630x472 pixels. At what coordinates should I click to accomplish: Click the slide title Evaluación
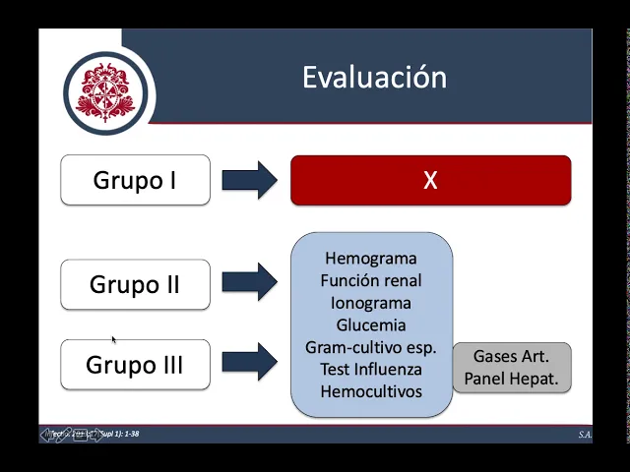pyautogui.click(x=374, y=78)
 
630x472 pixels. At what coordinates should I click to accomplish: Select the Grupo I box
pyautogui.click(x=135, y=180)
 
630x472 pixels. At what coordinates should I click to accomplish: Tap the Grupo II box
pyautogui.click(x=135, y=285)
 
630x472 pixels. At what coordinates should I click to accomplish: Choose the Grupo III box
pyautogui.click(x=135, y=365)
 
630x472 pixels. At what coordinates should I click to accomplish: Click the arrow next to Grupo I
pyautogui.click(x=249, y=180)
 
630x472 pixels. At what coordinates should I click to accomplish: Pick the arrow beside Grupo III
pyautogui.click(x=249, y=361)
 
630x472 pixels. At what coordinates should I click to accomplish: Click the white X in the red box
pyautogui.click(x=430, y=181)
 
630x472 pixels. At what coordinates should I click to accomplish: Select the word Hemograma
pyautogui.click(x=371, y=259)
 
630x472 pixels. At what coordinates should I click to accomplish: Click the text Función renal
pyautogui.click(x=371, y=281)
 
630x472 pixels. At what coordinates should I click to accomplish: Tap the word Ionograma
pyautogui.click(x=371, y=303)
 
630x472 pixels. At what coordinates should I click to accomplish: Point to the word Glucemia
pyautogui.click(x=371, y=324)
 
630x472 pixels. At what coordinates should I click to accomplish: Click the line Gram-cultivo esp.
pyautogui.click(x=371, y=347)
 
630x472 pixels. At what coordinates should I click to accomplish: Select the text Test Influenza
pyautogui.click(x=371, y=369)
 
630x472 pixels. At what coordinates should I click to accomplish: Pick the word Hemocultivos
pyautogui.click(x=371, y=391)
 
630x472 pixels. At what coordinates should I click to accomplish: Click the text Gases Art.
pyautogui.click(x=511, y=356)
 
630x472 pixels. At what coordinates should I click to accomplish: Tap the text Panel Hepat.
pyautogui.click(x=511, y=379)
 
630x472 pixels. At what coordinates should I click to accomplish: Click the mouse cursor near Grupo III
pyautogui.click(x=114, y=339)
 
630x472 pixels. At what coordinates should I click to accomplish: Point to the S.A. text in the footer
pyautogui.click(x=585, y=435)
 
